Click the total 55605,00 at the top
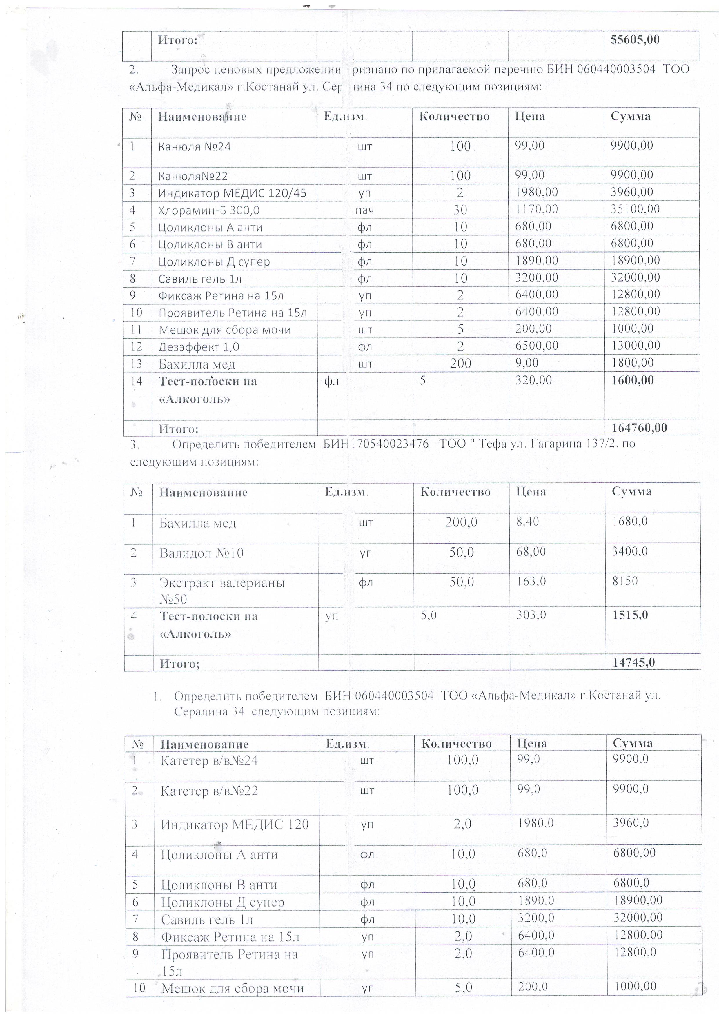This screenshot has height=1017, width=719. tap(635, 40)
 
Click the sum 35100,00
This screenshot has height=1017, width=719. tap(635, 209)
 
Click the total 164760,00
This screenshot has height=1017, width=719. tap(639, 428)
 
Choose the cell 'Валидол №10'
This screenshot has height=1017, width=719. tap(201, 553)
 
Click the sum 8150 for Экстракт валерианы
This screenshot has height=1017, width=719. tap(625, 581)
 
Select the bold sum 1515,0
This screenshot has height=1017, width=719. tap(630, 615)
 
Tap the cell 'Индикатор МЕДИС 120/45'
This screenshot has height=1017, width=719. tap(232, 193)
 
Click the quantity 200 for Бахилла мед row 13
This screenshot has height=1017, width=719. tap(460, 364)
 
